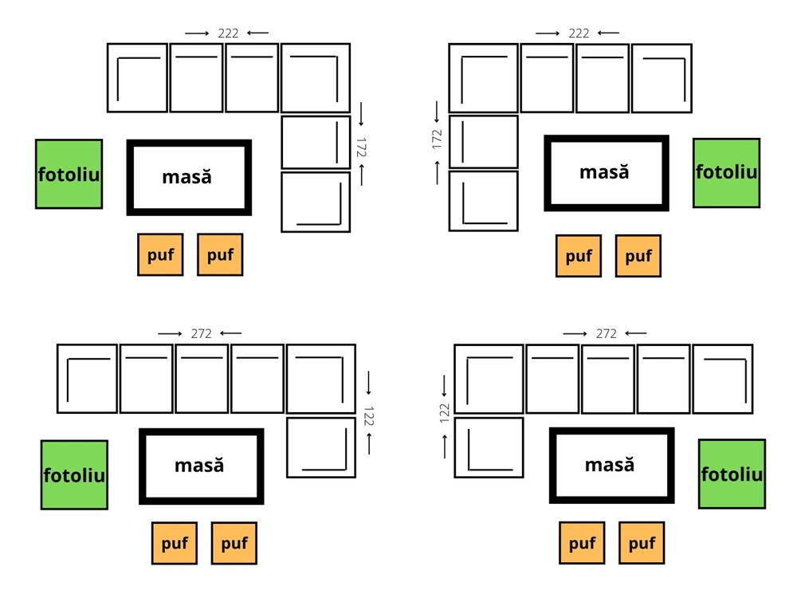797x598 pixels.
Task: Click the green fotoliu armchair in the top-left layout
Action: click(x=69, y=174)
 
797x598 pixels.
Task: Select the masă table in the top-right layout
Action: click(x=606, y=172)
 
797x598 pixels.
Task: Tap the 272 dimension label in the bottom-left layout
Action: click(x=202, y=333)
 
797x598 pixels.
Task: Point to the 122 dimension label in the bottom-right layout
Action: click(x=445, y=411)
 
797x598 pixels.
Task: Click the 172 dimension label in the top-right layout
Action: click(x=437, y=140)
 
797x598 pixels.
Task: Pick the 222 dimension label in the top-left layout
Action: click(x=227, y=33)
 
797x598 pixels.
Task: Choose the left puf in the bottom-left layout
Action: click(x=175, y=543)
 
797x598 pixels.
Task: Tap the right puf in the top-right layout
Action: click(x=638, y=256)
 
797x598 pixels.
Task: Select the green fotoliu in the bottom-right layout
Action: click(x=732, y=474)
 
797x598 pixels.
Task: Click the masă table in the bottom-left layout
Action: click(x=201, y=466)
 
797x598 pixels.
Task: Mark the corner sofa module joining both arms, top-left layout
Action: click(x=316, y=77)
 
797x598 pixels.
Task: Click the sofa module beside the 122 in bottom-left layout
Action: click(x=321, y=447)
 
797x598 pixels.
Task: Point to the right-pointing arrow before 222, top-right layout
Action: click(x=548, y=33)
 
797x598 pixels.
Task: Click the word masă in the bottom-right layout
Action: click(x=610, y=464)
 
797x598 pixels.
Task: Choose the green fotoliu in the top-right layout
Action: click(x=726, y=172)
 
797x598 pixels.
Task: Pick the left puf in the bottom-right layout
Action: click(x=582, y=543)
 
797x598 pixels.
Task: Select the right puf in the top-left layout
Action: click(x=220, y=254)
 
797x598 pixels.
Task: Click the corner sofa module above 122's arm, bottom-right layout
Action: click(x=489, y=379)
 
